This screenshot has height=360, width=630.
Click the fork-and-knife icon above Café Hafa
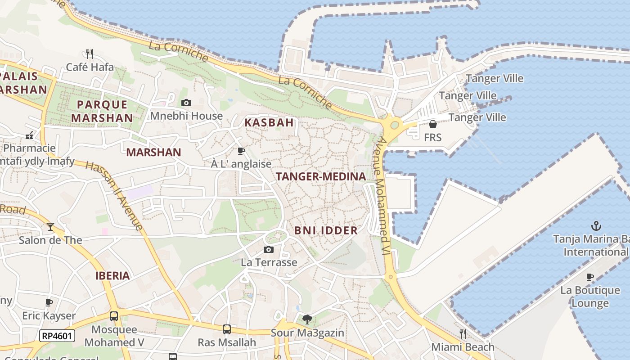[x=90, y=54]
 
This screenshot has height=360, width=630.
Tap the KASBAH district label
[x=269, y=122]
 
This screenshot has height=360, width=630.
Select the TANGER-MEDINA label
[x=321, y=176]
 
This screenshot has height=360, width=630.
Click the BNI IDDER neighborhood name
[x=326, y=230]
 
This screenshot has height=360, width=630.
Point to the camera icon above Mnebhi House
[x=186, y=103]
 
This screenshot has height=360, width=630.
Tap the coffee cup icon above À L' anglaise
[x=241, y=151]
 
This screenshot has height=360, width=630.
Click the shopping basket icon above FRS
[x=432, y=124]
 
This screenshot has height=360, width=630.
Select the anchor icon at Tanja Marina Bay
[x=596, y=225]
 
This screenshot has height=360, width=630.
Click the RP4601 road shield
[x=57, y=336]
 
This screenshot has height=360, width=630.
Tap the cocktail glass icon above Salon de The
[x=50, y=226]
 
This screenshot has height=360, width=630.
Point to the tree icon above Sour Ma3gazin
[x=307, y=319]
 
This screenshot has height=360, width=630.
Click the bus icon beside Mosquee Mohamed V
[x=114, y=316]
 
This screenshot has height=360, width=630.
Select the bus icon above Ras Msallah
[x=227, y=329]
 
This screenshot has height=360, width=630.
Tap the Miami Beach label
[x=463, y=347]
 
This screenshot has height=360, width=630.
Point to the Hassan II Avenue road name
[x=114, y=195]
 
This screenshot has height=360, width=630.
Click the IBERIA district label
[x=112, y=276]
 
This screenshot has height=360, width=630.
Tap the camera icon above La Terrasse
[x=269, y=249]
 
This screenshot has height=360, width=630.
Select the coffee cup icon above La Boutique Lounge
[x=590, y=277]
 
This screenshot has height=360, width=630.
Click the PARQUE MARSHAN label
[x=102, y=111]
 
